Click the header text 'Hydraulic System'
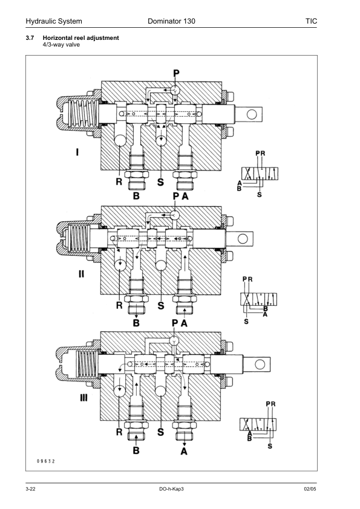(x=54, y=22)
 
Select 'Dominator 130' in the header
(x=171, y=22)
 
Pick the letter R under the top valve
(x=120, y=180)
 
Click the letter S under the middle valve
(x=161, y=306)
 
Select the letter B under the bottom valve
(x=136, y=450)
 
